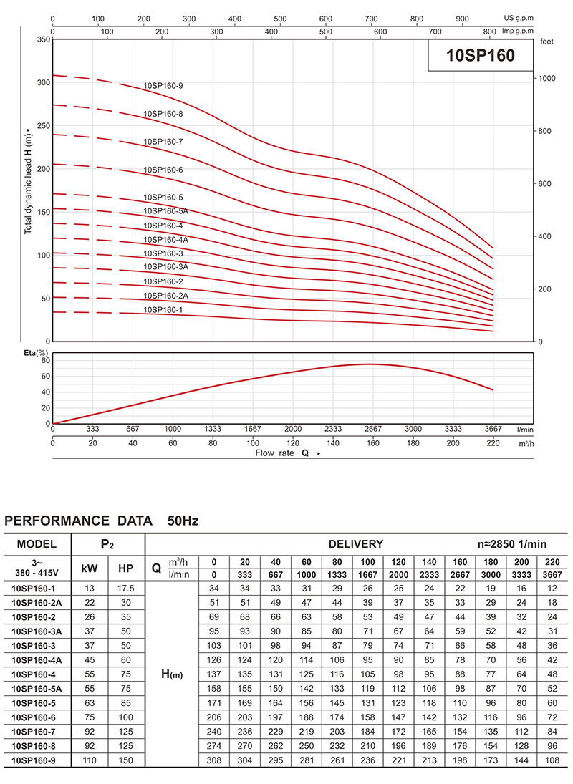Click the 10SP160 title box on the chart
click(x=481, y=55)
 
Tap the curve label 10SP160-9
click(x=163, y=86)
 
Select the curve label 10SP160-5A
click(x=166, y=211)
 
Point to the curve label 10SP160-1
click(x=163, y=310)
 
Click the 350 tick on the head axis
click(x=44, y=39)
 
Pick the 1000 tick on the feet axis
click(x=547, y=79)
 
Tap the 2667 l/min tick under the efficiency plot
click(x=373, y=429)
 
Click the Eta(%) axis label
click(x=36, y=353)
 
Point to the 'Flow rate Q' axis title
click(x=282, y=453)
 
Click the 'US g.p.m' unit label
click(x=519, y=18)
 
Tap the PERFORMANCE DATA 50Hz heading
click(x=102, y=521)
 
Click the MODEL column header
click(x=37, y=544)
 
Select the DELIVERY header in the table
click(x=356, y=544)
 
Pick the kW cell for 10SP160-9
click(x=90, y=760)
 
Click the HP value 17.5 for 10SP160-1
click(x=125, y=589)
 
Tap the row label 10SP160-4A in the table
click(x=37, y=660)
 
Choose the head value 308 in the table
click(x=214, y=760)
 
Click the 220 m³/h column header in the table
click(x=552, y=561)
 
